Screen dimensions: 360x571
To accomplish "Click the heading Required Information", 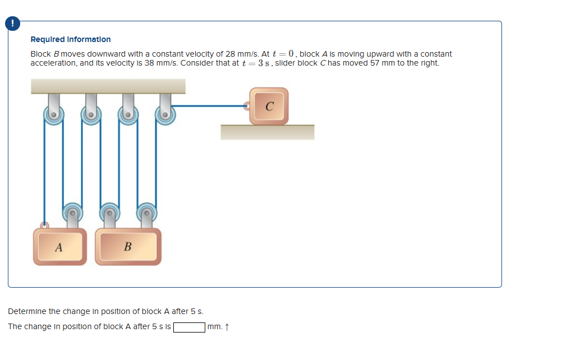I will click(71, 39).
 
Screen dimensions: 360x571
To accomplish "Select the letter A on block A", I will click(58, 247).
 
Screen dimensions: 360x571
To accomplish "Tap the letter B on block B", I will click(128, 247).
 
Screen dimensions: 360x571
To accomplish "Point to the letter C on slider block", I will click(269, 107).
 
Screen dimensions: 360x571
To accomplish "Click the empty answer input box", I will click(189, 327).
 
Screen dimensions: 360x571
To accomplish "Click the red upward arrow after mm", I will click(227, 327).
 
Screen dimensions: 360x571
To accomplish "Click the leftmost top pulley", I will click(54, 115).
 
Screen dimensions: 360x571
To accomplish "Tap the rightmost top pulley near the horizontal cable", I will click(165, 115).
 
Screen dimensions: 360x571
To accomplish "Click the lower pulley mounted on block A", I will click(72, 213).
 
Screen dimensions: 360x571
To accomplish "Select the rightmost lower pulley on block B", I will click(146, 213).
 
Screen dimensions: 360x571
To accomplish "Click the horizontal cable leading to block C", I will click(208, 105).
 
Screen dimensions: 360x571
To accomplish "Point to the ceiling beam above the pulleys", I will click(108, 86).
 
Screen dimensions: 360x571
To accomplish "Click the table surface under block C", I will click(267, 132).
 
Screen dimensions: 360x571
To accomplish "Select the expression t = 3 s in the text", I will click(255, 63).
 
